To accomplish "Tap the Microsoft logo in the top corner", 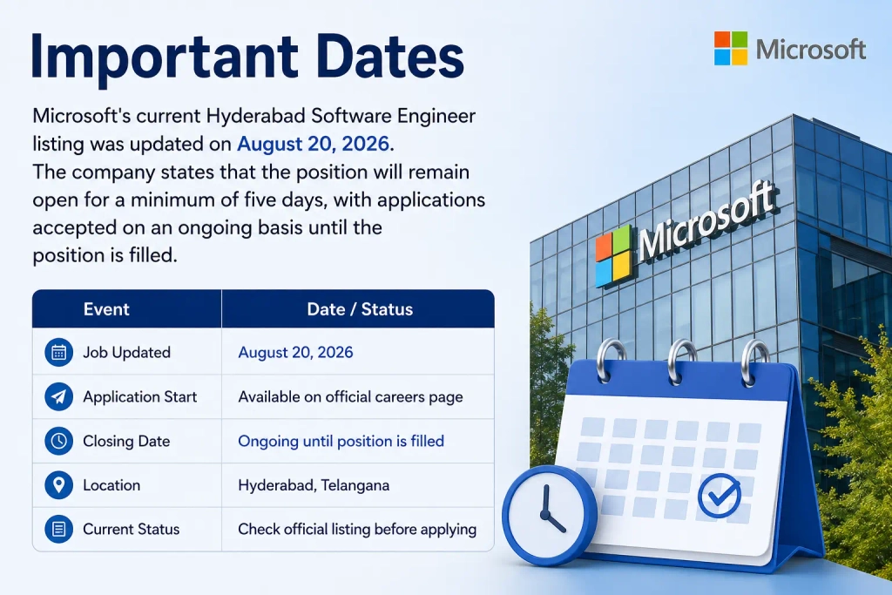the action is [x=790, y=49].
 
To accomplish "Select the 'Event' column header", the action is [x=106, y=309].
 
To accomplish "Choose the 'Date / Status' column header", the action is [x=360, y=309].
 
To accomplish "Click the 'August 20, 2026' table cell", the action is [x=295, y=352].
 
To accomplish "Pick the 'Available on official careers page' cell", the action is [x=350, y=396].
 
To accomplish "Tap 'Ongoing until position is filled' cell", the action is [x=341, y=441].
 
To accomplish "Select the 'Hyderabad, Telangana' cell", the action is [x=314, y=485].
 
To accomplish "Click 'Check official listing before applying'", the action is [x=357, y=529].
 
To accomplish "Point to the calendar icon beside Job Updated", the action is [x=58, y=352].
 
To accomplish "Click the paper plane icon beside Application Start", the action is [x=58, y=396].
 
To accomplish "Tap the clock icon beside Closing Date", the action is [x=58, y=441].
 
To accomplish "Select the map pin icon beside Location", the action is [x=58, y=485].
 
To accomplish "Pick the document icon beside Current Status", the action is [x=58, y=529].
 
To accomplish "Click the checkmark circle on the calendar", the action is [x=719, y=496].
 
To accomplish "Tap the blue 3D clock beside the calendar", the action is [x=550, y=516].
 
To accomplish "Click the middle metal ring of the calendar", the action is [x=682, y=362].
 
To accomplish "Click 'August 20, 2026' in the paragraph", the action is [x=313, y=144].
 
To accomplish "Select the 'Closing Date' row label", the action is [x=126, y=441].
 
